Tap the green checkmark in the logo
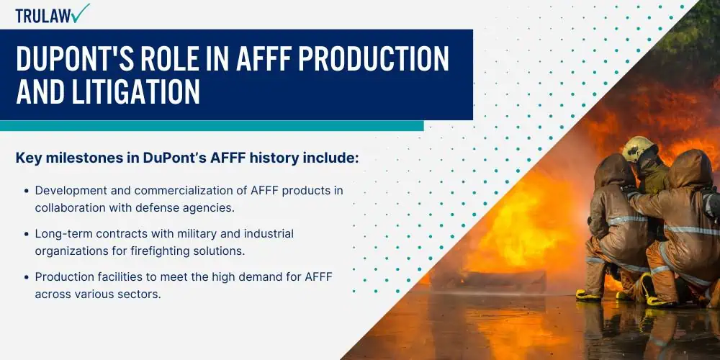[x=81, y=13]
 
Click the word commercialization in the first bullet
[x=197, y=190]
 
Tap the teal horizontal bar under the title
[x=212, y=126]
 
